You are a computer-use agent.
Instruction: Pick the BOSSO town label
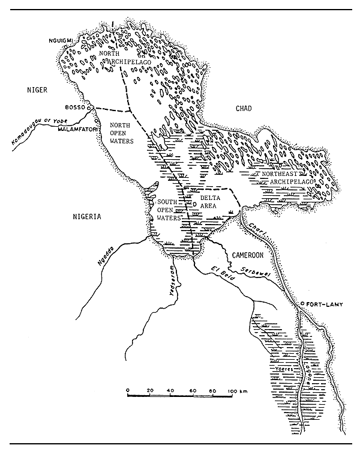(75, 107)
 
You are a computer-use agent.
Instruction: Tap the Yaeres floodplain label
(282, 371)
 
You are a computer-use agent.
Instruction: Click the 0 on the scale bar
(128, 391)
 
